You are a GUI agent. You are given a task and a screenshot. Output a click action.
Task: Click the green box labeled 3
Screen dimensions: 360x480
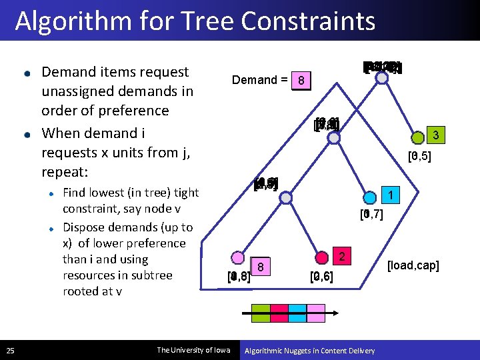(x=435, y=136)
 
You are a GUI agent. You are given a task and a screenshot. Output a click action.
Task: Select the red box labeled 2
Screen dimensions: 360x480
(x=341, y=256)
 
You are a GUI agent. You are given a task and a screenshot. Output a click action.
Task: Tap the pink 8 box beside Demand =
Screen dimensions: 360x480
(x=302, y=81)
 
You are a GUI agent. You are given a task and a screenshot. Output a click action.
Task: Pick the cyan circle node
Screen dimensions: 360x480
(x=369, y=198)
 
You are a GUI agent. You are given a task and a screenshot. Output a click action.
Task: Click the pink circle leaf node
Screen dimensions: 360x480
(x=237, y=259)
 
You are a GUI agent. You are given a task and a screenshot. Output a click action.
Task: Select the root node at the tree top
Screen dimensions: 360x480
(x=381, y=77)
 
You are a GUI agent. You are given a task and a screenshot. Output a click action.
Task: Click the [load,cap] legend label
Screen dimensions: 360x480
(x=413, y=266)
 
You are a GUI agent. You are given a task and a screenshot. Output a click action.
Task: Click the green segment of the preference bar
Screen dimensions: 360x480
(x=261, y=311)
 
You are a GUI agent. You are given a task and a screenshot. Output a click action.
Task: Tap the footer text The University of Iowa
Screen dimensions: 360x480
(x=193, y=350)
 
